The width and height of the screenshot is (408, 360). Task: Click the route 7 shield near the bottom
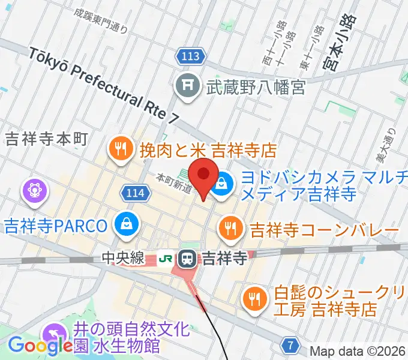click(x=291, y=345)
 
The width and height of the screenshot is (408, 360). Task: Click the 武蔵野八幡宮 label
click(x=256, y=88)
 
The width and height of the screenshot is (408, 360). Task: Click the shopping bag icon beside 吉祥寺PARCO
click(x=127, y=226)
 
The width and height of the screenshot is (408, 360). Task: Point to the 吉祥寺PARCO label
click(x=56, y=226)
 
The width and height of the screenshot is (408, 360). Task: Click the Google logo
click(x=40, y=345)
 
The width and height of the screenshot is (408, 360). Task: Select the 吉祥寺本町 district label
click(x=46, y=139)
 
